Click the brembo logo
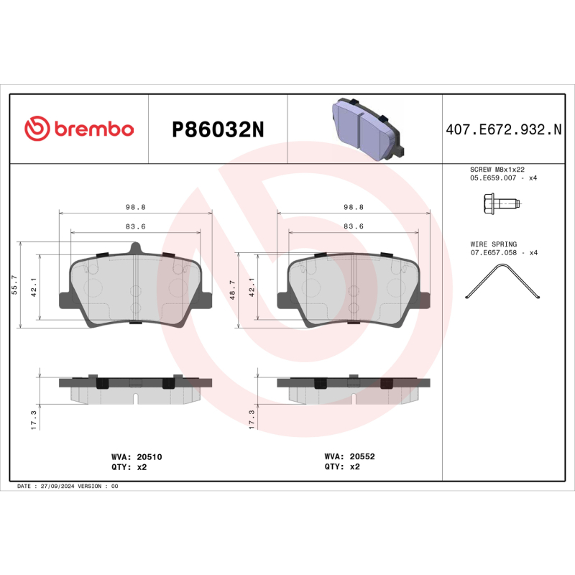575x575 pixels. (x=79, y=129)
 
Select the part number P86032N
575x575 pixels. (x=218, y=129)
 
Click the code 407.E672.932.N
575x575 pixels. (x=503, y=129)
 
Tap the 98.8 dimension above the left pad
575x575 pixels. (x=135, y=207)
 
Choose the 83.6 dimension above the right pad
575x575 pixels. (x=352, y=226)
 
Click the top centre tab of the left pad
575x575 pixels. (x=135, y=248)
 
